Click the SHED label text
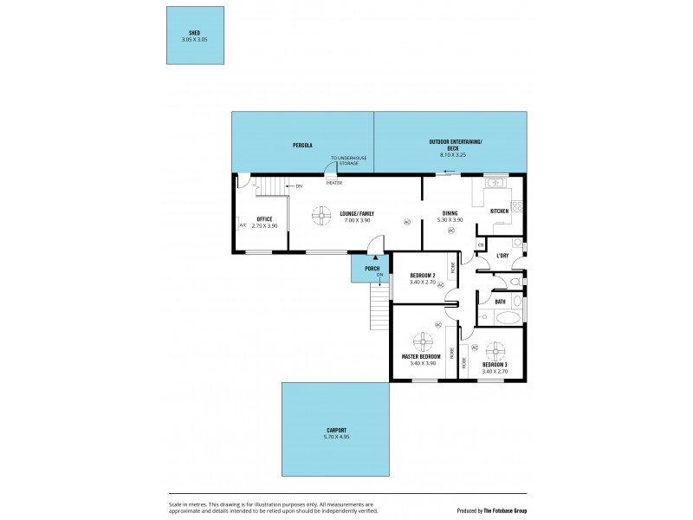[195, 32]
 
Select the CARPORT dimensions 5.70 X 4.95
[337, 437]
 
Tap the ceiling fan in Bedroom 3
[495, 351]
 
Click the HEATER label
[334, 183]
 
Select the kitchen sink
[496, 182]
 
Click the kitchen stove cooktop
[517, 206]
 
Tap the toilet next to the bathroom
[514, 283]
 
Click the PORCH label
[372, 268]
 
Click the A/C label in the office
[243, 226]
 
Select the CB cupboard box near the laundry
[480, 246]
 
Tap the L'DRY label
[501, 255]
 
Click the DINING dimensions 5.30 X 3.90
[450, 220]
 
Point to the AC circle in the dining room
[450, 231]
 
